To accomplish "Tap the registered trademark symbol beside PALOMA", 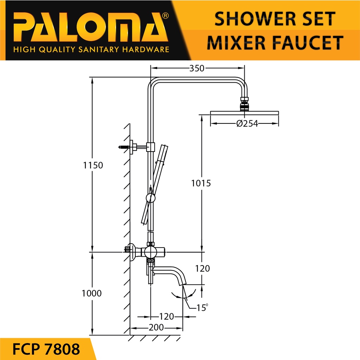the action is (165, 15).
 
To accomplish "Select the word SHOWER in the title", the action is (256, 19).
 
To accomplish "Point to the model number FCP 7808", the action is (46, 349).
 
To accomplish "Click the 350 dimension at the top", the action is (197, 68).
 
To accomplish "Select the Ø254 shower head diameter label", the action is (247, 123).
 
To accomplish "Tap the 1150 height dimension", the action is (93, 165).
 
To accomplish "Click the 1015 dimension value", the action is (201, 183).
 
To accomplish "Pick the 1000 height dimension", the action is (92, 293).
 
